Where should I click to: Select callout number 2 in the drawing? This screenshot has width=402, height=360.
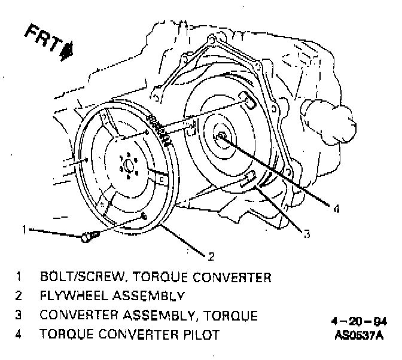[211, 257]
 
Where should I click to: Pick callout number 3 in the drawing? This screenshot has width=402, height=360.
[306, 234]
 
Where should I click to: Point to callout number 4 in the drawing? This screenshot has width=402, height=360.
[337, 209]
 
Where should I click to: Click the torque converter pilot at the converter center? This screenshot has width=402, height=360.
[222, 136]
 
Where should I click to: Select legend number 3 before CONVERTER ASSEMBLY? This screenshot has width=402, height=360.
[19, 315]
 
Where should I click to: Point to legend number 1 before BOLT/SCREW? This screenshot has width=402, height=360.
[19, 277]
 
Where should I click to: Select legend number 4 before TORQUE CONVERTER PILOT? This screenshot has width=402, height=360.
[19, 334]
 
